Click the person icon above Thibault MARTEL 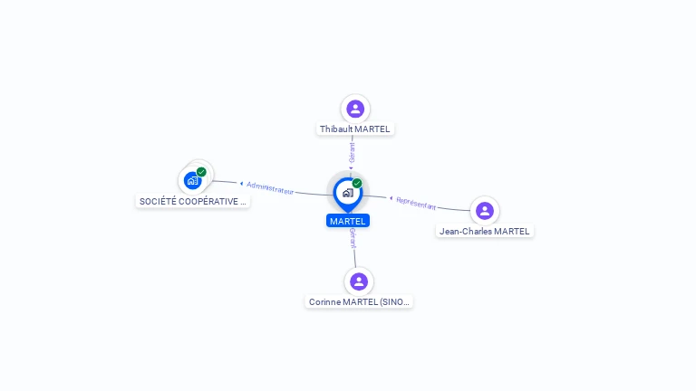point(355,109)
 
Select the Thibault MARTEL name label point(355,129)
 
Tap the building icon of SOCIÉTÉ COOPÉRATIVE point(192,180)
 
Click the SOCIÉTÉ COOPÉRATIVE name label point(192,202)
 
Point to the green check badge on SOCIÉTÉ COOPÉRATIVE point(201,172)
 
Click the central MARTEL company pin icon point(347,193)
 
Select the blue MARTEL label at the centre point(348,221)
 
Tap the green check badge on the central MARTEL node point(357,184)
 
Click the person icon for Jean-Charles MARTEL point(485,211)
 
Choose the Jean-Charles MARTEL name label point(485,232)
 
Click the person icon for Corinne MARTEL point(359,281)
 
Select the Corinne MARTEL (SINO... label point(360,302)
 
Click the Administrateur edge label point(270,188)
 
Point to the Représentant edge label point(416,203)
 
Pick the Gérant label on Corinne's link point(353,239)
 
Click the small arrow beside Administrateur point(241,184)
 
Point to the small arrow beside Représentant point(391,198)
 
